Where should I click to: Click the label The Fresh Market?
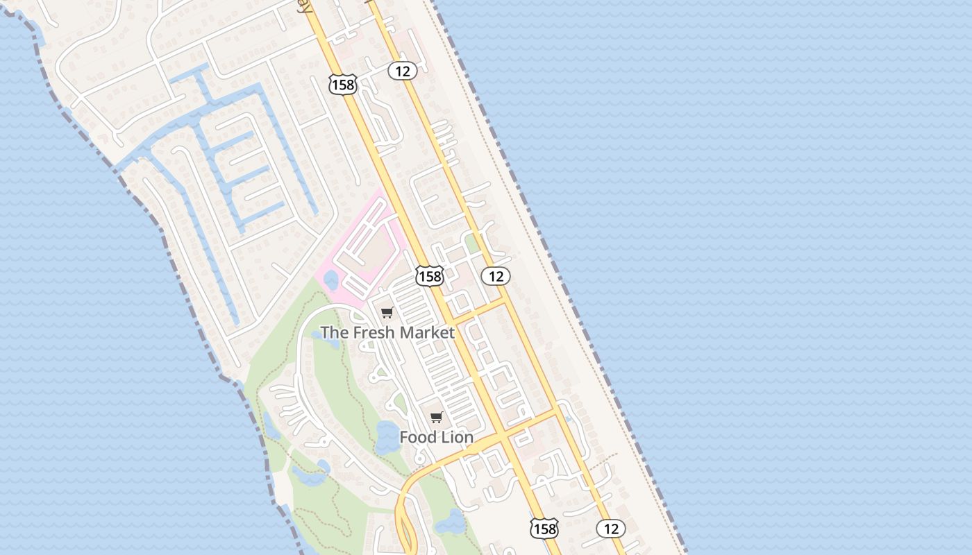[387, 332]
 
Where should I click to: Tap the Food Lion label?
[436, 437]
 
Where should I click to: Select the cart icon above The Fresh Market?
[387, 313]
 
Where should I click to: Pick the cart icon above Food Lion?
[436, 417]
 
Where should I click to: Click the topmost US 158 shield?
[342, 85]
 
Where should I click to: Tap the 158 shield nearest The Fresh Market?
[429, 276]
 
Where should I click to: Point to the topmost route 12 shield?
[402, 70]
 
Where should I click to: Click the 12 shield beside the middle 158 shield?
[496, 276]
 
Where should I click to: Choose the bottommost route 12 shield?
[611, 529]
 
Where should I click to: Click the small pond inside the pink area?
[330, 280]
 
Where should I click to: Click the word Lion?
[455, 437]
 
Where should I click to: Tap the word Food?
[416, 437]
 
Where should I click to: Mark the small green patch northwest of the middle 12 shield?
[473, 243]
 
